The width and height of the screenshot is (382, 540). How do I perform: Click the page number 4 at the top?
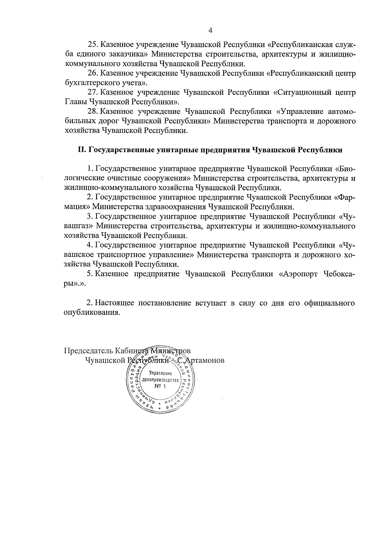pyautogui.click(x=210, y=30)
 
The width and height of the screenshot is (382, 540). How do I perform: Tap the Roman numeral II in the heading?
pyautogui.click(x=81, y=150)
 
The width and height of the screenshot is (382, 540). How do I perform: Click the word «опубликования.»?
pyautogui.click(x=92, y=312)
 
